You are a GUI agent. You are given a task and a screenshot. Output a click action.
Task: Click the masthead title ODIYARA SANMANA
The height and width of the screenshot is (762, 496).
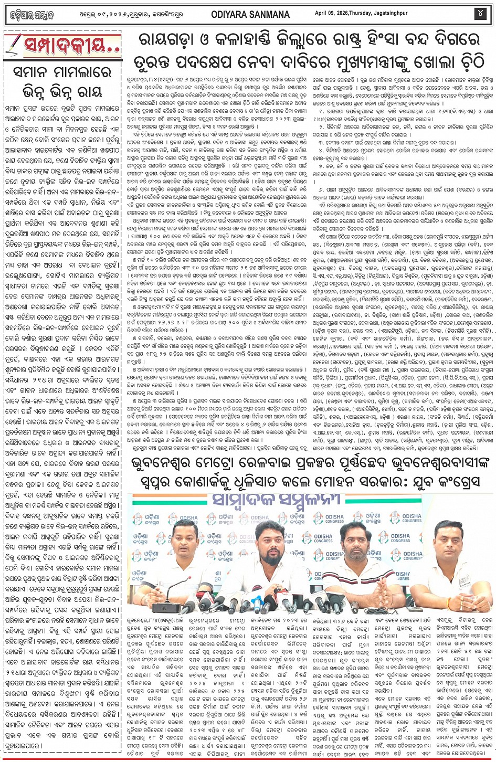click(251, 14)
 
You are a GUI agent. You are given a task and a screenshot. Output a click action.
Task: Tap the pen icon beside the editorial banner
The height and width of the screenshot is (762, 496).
click(14, 44)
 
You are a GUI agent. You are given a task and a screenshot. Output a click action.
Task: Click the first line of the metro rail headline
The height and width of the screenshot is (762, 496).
click(310, 464)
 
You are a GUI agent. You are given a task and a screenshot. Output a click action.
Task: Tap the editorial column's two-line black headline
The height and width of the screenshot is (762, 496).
click(62, 81)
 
